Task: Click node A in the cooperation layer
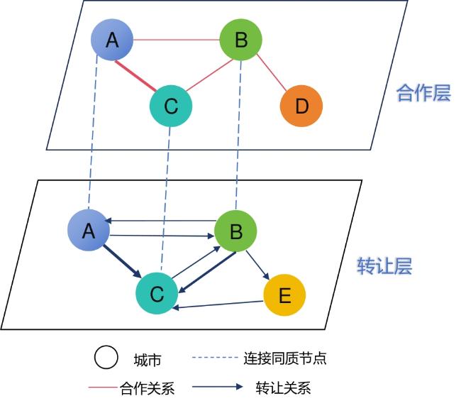(112, 40)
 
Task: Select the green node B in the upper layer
(241, 40)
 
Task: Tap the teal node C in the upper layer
(171, 106)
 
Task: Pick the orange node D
(301, 106)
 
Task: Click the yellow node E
(284, 295)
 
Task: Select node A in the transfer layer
(89, 231)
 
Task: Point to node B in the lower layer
(235, 231)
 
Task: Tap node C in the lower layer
(157, 293)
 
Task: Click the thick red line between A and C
(135, 76)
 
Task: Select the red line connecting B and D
(272, 72)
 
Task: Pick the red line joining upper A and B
(177, 40)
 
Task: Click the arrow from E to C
(218, 304)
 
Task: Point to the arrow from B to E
(257, 265)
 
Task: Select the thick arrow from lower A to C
(122, 262)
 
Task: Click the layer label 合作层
(423, 93)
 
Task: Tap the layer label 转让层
(384, 266)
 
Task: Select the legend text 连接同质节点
(285, 358)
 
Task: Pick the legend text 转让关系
(283, 388)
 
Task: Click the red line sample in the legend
(103, 388)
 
